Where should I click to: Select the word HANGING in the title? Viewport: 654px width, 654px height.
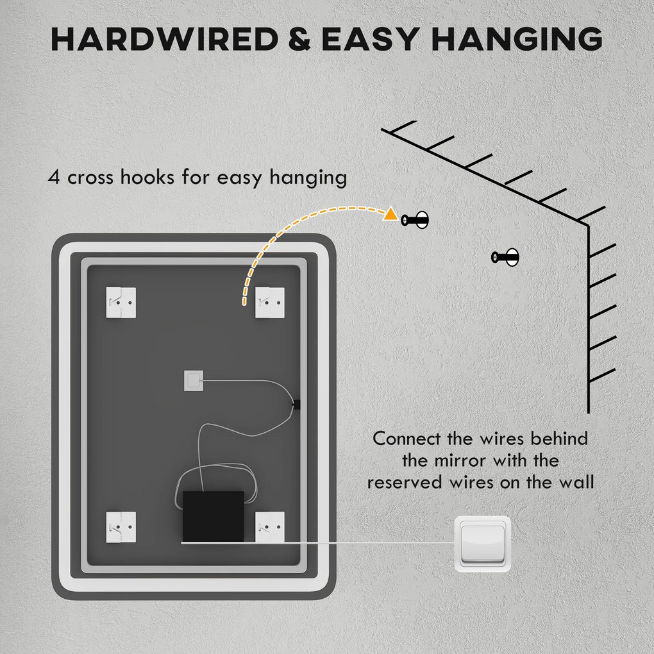tap(517, 40)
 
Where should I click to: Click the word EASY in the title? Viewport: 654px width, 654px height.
tap(371, 40)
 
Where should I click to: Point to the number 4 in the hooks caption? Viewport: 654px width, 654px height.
tap(55, 177)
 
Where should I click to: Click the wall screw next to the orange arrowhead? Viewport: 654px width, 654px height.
tap(415, 220)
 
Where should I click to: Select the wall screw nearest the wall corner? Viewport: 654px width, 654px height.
tap(505, 258)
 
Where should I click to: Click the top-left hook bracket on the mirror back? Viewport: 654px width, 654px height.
tap(121, 301)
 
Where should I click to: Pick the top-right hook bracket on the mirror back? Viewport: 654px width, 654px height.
tap(269, 301)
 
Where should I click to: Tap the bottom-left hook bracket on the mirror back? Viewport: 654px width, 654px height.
tap(121, 527)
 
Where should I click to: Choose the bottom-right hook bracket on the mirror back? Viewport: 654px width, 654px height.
tap(269, 527)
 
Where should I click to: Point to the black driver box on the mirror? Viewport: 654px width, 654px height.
tap(213, 516)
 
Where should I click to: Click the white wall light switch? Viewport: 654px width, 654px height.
tap(483, 544)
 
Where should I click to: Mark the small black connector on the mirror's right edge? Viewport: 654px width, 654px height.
tap(296, 404)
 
